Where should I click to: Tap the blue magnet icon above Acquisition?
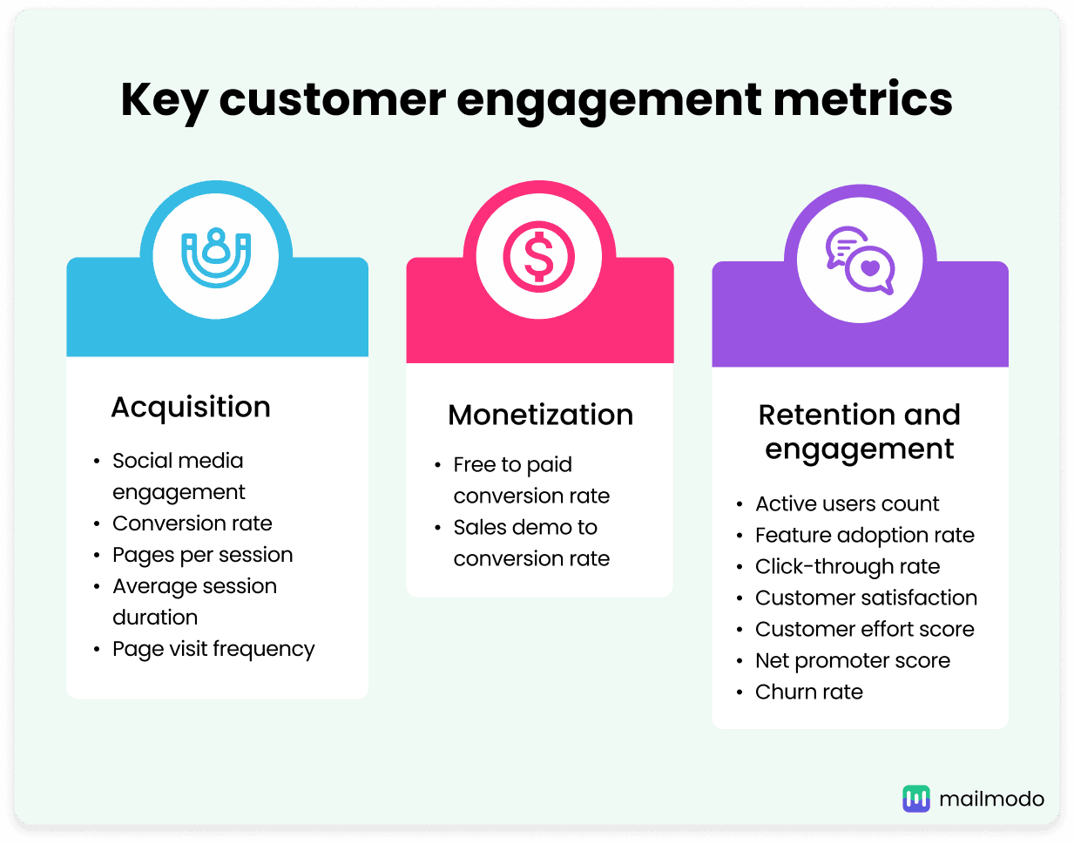pyautogui.click(x=216, y=258)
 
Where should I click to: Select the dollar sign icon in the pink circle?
pyautogui.click(x=539, y=258)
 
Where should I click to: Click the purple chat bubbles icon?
pyautogui.click(x=860, y=260)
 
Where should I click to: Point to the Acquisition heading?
pyautogui.click(x=191, y=407)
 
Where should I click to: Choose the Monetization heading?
pyautogui.click(x=540, y=415)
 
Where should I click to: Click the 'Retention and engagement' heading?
pyautogui.click(x=860, y=431)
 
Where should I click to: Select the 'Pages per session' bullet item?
pyautogui.click(x=202, y=555)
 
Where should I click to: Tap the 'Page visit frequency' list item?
pyautogui.click(x=213, y=649)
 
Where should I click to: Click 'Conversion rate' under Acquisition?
pyautogui.click(x=192, y=523)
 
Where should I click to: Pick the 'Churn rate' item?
pyautogui.click(x=808, y=692)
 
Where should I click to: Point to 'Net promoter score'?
pyautogui.click(x=852, y=660)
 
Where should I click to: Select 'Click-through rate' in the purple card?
pyautogui.click(x=847, y=566)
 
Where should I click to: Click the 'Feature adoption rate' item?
pyautogui.click(x=864, y=535)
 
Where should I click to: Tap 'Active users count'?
pyautogui.click(x=847, y=503)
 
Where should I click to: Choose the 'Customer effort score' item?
pyautogui.click(x=864, y=629)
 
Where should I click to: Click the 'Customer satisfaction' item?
pyautogui.click(x=866, y=598)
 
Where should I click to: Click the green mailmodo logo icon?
pyautogui.click(x=915, y=798)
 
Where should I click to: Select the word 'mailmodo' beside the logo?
pyautogui.click(x=991, y=798)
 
